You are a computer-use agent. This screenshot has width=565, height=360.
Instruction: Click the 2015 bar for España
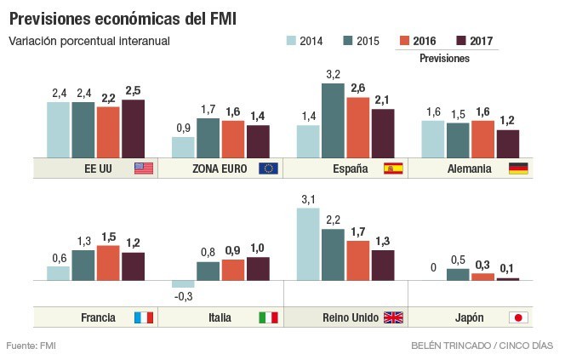[333, 120]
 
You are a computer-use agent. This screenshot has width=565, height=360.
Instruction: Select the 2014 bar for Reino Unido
[308, 243]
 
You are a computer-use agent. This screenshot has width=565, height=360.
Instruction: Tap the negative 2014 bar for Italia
[183, 283]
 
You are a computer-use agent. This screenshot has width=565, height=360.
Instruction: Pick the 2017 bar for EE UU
[134, 129]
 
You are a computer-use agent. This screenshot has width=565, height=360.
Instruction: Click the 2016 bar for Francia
[108, 263]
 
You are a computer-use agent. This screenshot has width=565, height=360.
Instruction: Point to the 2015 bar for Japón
[458, 274]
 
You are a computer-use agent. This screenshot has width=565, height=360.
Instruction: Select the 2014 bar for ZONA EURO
[183, 147]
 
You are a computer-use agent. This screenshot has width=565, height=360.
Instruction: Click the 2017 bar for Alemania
[508, 144]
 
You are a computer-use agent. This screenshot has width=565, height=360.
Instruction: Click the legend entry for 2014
[304, 41]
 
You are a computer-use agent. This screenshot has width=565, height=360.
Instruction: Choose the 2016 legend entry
[417, 41]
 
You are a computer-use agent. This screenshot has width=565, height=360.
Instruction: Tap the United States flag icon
[143, 169]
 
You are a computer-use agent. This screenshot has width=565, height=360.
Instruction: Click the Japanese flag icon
[518, 317]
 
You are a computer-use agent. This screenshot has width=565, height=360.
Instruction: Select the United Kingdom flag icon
[393, 317]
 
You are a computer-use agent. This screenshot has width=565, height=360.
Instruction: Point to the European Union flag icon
[268, 169]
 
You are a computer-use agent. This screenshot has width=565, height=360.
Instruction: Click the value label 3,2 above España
[333, 75]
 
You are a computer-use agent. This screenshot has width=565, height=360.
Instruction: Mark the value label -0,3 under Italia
[183, 296]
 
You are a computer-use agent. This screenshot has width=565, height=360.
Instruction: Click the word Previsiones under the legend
[445, 59]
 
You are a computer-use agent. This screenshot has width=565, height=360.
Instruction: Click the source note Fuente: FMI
[31, 346]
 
